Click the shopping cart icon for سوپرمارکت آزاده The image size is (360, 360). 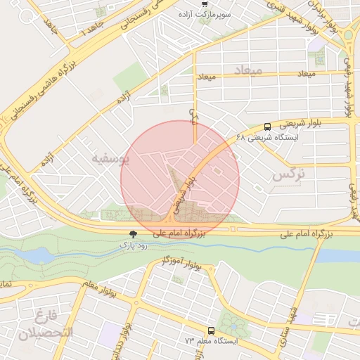pos(205,3)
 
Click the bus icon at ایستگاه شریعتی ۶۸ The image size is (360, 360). pos(267,127)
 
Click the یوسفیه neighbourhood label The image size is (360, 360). pos(110,159)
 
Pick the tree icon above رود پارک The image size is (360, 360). pos(134,234)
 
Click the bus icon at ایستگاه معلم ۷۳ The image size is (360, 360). pos(211,330)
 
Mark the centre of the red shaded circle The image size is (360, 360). pos(180,180)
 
